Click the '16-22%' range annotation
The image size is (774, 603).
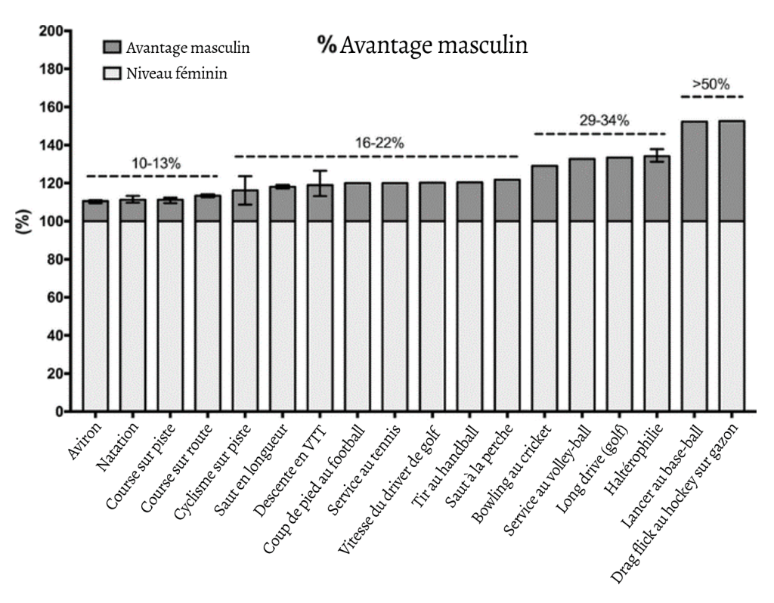(x=376, y=142)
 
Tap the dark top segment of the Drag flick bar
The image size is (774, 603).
(x=732, y=171)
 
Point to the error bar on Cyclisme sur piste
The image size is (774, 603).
(x=244, y=190)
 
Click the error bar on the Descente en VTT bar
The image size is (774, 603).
(x=320, y=184)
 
